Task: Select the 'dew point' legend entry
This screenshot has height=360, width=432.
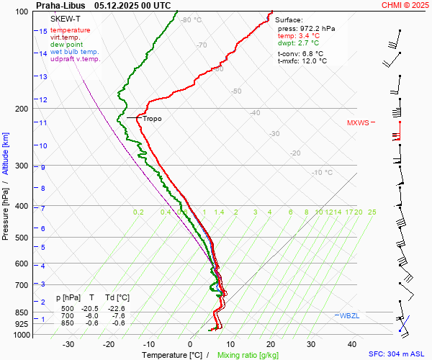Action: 66,45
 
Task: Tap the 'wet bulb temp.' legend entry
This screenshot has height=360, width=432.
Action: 75,52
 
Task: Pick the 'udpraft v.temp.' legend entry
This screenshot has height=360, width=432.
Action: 76,59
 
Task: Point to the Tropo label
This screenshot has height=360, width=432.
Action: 152,118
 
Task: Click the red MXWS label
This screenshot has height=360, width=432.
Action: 357,122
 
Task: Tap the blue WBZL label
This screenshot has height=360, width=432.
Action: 349,316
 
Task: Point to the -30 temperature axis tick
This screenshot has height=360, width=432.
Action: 68,344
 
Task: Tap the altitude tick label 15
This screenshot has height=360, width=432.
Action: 43,32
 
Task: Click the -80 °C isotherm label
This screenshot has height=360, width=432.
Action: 192,20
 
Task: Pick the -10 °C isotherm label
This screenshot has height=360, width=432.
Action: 322,173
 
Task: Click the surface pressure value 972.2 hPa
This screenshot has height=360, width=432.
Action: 315,28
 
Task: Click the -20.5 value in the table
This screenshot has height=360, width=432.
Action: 91,308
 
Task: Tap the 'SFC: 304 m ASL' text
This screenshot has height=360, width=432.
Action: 396,354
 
